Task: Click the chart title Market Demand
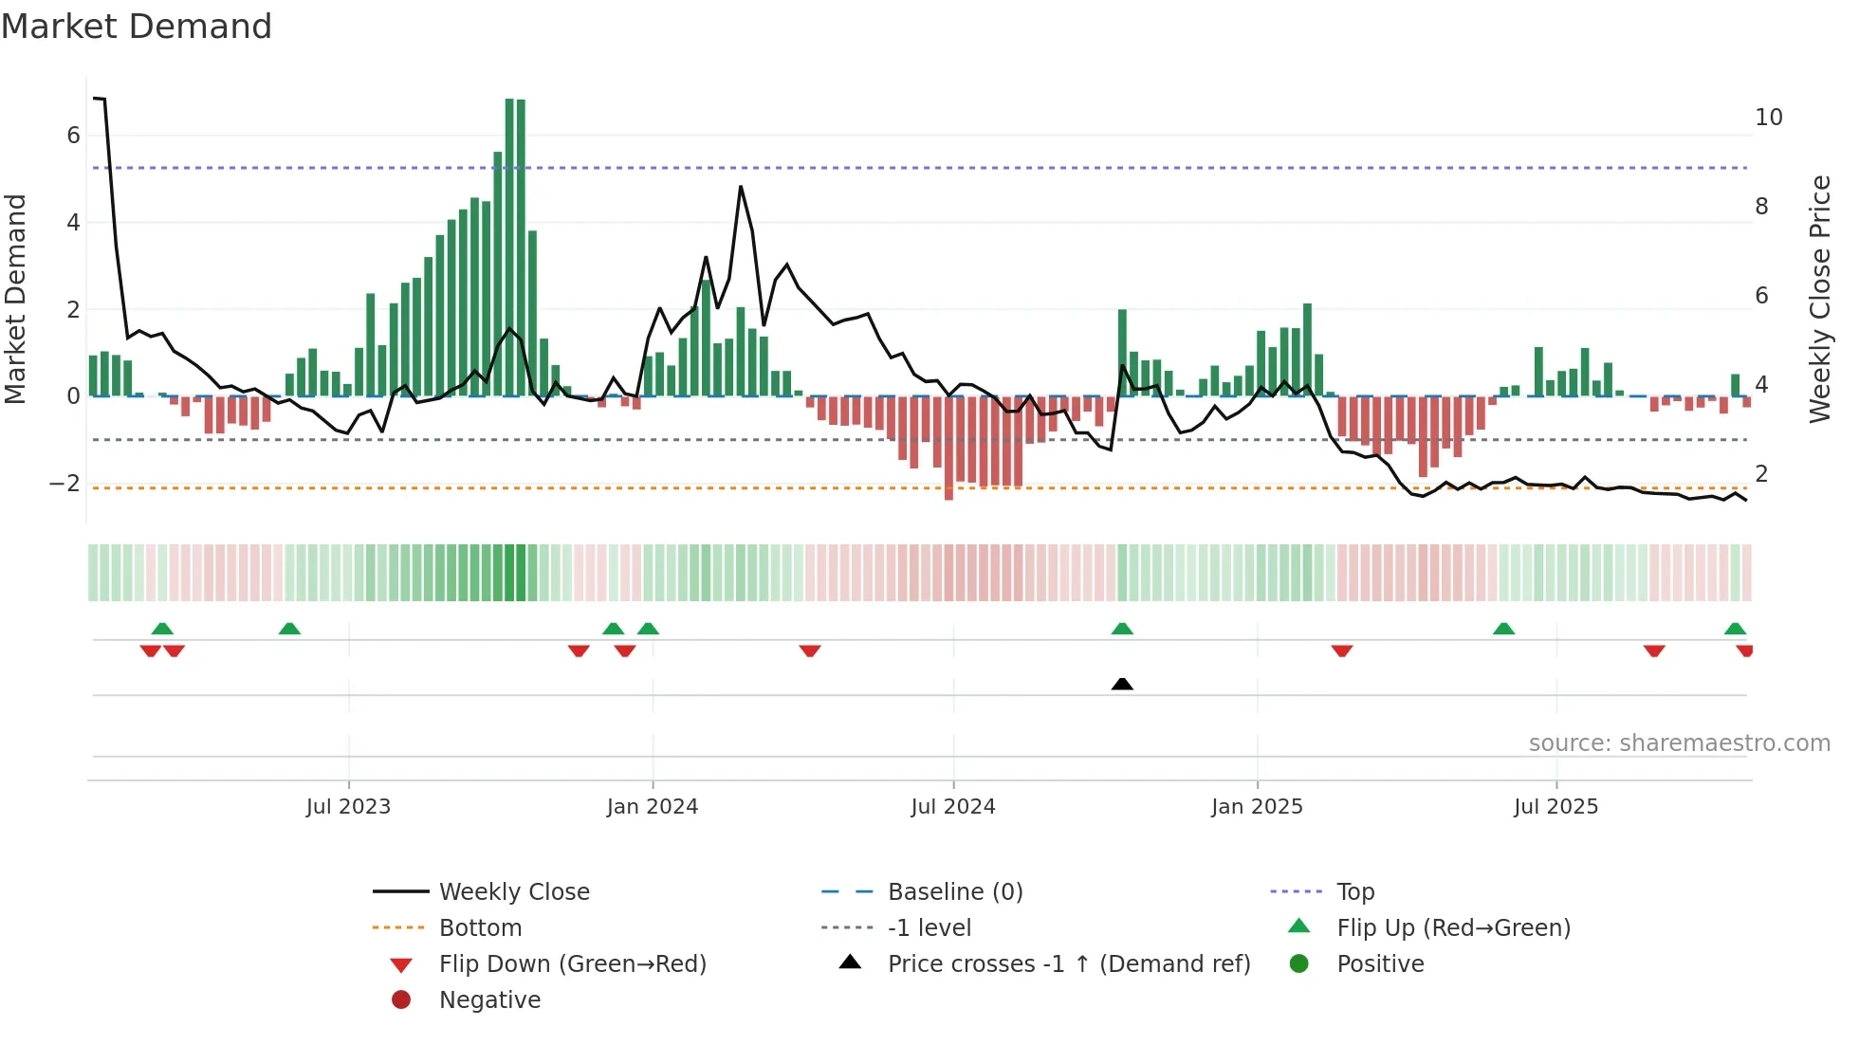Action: [x=137, y=27]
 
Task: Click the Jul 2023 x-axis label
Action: [x=348, y=807]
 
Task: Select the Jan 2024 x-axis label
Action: [x=653, y=807]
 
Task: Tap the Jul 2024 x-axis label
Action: [x=953, y=807]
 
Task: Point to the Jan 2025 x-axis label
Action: [x=1257, y=807]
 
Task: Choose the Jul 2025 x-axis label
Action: [x=1555, y=807]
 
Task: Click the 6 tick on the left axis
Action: [x=73, y=136]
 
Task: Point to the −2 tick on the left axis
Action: [x=64, y=484]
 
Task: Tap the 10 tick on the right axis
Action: [x=1768, y=118]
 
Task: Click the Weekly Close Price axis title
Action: [x=1819, y=299]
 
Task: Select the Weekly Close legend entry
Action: [x=513, y=892]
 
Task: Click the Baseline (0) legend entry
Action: [x=954, y=892]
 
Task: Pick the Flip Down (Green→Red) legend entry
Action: [x=572, y=964]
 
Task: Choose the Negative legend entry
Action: [x=489, y=1000]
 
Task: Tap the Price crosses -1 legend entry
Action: [x=1068, y=964]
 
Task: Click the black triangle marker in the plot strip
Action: [x=1122, y=684]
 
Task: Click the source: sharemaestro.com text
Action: [x=1679, y=743]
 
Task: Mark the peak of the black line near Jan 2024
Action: [x=741, y=187]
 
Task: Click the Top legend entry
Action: [x=1354, y=892]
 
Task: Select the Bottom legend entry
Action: [x=480, y=928]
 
